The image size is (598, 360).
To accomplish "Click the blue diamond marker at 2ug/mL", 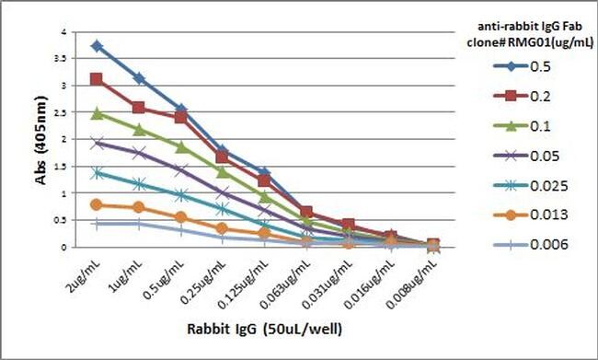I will pyautogui.click(x=97, y=45).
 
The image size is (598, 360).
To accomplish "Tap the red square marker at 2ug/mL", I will pyautogui.click(x=97, y=79).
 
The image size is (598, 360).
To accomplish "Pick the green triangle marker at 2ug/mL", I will pyautogui.click(x=97, y=113).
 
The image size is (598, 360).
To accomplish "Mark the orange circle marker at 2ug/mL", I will pyautogui.click(x=97, y=204).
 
